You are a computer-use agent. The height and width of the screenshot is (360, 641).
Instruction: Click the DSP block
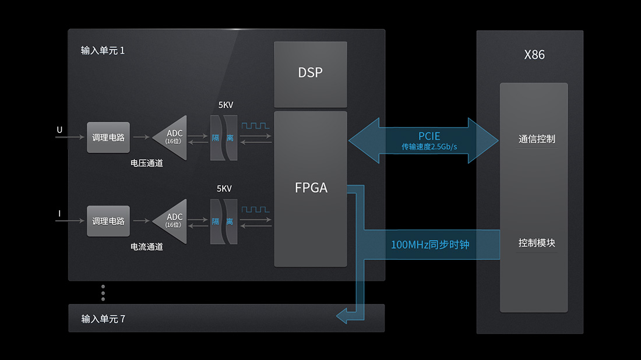click(x=310, y=73)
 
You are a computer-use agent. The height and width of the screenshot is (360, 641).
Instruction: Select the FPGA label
click(x=311, y=188)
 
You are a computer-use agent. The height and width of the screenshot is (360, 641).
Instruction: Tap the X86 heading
click(x=534, y=55)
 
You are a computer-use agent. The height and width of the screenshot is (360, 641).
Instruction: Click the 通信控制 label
click(x=536, y=139)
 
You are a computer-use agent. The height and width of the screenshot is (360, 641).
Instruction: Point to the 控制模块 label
click(x=536, y=243)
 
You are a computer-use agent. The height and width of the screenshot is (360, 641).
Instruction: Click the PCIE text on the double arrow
click(x=429, y=136)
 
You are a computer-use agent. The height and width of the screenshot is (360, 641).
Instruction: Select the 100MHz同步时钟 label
click(x=429, y=245)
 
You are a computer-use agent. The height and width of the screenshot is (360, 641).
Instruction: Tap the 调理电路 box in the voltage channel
click(x=108, y=138)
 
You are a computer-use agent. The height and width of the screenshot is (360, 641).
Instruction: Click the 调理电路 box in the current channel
click(x=108, y=221)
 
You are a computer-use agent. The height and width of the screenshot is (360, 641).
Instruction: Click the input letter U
click(x=59, y=130)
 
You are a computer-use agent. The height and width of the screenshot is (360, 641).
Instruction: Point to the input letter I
click(x=59, y=214)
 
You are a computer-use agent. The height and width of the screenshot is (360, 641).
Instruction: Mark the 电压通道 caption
click(x=146, y=163)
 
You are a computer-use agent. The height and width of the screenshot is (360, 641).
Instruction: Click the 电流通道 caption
click(x=146, y=247)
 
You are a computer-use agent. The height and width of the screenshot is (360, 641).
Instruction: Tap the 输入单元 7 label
click(x=103, y=319)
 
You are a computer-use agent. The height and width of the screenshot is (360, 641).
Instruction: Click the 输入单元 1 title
click(x=103, y=51)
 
